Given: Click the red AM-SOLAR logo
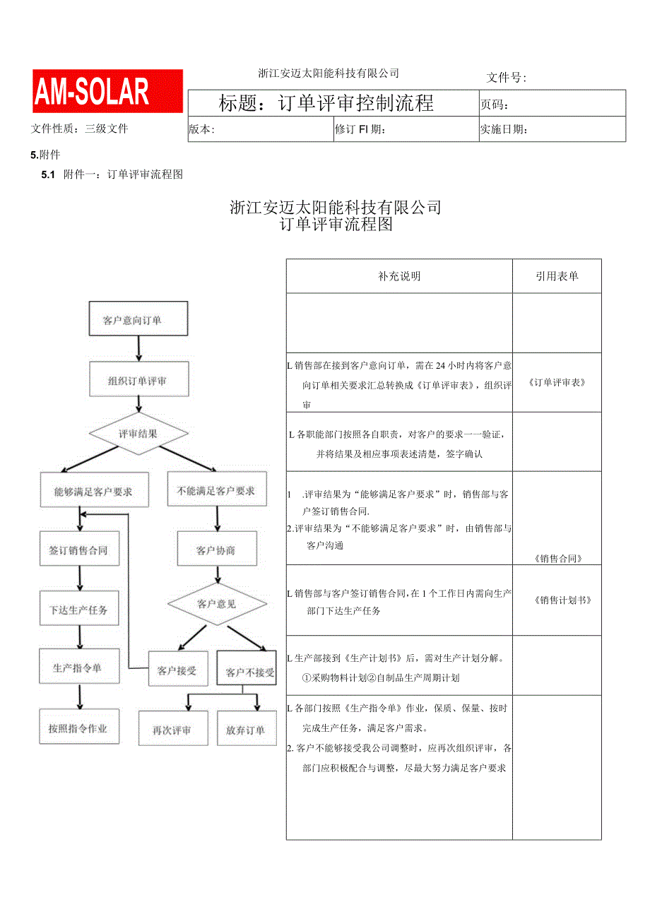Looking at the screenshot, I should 107,92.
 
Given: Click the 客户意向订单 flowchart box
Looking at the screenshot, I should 138,320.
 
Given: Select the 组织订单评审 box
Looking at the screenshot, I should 138,381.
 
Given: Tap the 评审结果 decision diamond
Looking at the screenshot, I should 138,433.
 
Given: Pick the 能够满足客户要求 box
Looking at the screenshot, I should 94,490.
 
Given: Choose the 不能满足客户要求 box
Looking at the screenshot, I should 217,490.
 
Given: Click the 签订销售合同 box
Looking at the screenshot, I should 78,550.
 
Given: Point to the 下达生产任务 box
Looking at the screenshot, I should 78,609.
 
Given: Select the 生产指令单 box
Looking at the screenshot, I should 78,668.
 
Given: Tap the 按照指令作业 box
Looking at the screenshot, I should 78,728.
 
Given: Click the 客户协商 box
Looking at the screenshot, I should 216,550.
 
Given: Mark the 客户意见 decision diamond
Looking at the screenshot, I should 217,604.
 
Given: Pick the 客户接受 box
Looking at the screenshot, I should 177,671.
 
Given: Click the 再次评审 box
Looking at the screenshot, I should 172,729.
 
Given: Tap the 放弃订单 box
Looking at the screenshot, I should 246,729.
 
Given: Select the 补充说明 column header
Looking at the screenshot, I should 399,276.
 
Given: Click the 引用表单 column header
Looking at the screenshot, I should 557,276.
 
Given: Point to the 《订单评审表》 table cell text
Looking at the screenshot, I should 557,383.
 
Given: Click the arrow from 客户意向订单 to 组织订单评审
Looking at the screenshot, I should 138,348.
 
